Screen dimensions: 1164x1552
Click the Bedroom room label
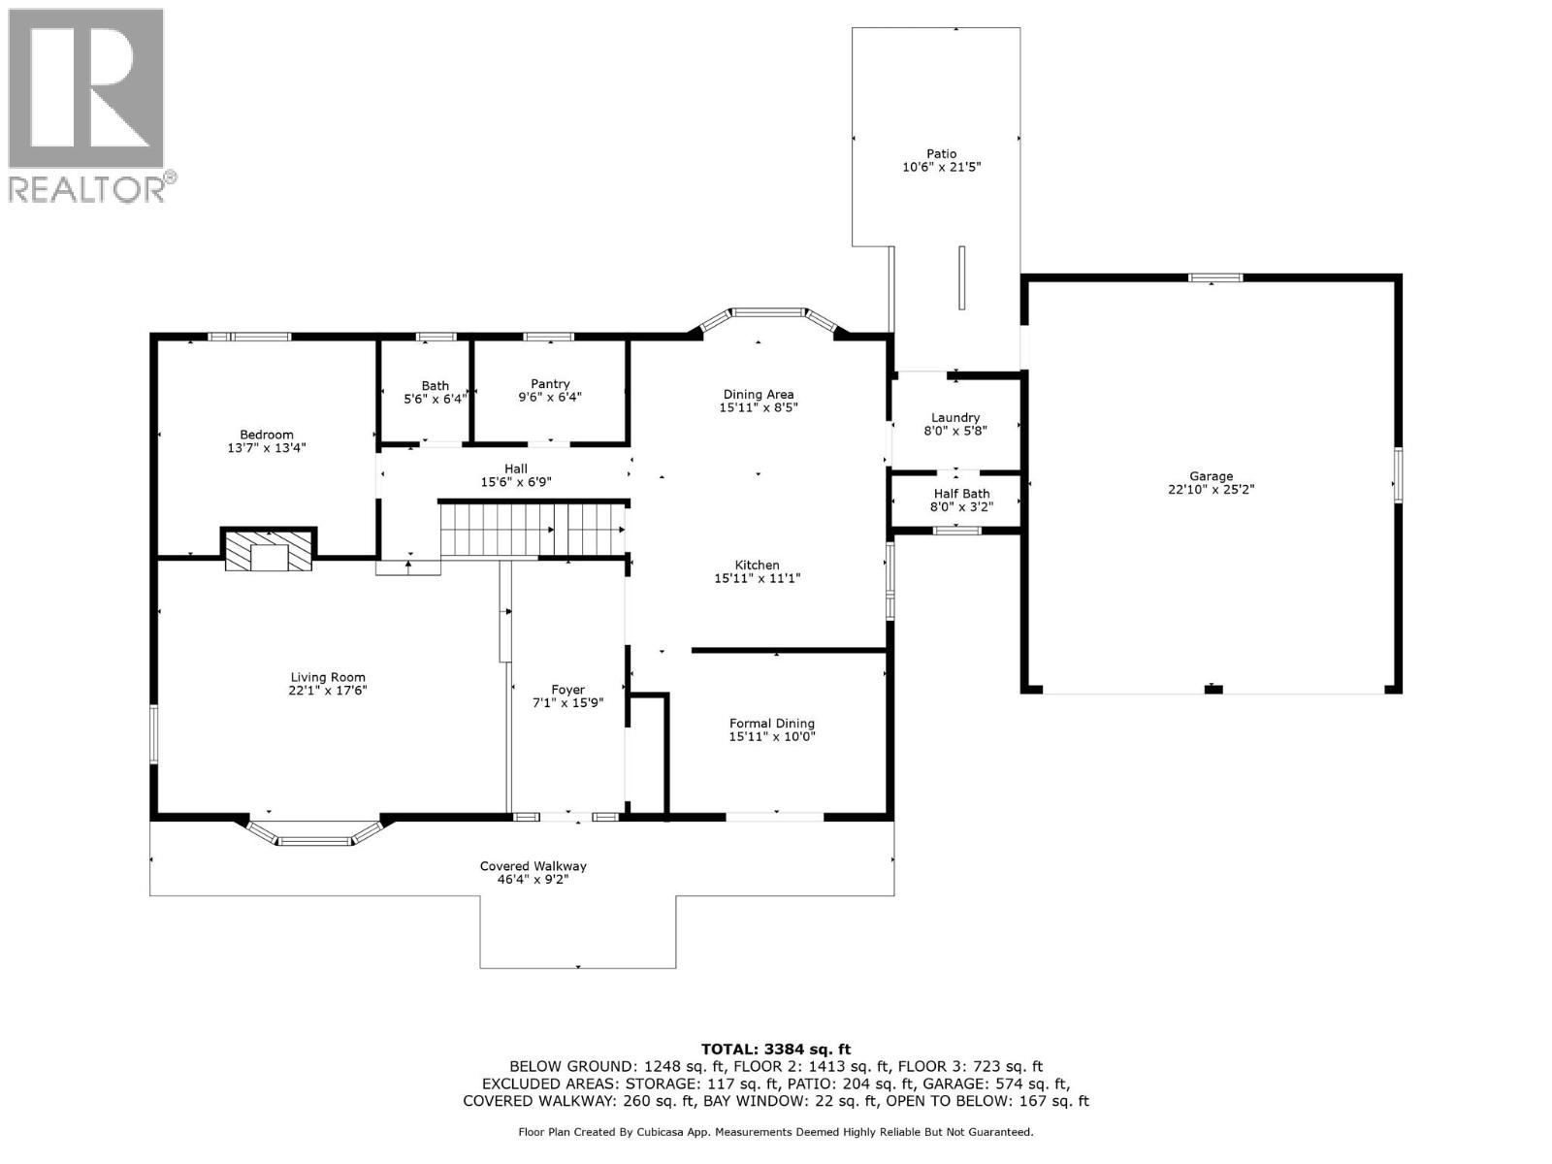pos(267,435)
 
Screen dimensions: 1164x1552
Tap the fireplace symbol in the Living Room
pos(269,550)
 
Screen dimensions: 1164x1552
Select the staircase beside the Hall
pos(532,529)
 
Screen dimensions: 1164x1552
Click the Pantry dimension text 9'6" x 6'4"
pos(550,397)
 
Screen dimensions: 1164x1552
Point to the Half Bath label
pos(961,494)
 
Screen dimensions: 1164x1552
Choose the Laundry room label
pos(955,417)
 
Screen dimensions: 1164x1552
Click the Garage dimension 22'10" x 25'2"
pos(1212,489)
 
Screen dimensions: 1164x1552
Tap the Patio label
pos(941,154)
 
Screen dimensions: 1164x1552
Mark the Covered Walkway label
pos(533,866)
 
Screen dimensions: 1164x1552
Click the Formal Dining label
pos(772,723)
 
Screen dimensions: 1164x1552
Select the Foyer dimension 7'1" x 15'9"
pos(568,702)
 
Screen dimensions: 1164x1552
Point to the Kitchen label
pos(757,565)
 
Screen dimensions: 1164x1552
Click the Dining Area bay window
pos(766,312)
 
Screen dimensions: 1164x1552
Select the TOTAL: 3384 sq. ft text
pos(775,1049)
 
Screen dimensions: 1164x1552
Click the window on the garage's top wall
pos(1216,278)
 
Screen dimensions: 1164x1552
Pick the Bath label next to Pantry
pos(435,385)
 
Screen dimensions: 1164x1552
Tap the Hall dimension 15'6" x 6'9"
pos(516,482)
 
